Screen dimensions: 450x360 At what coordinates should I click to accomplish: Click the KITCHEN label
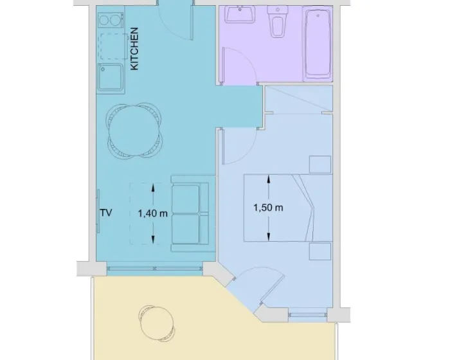[134, 49]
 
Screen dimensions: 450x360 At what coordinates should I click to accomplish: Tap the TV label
[106, 213]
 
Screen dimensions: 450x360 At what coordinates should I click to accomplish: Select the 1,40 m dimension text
[153, 213]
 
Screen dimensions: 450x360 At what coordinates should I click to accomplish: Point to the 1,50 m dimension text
[268, 207]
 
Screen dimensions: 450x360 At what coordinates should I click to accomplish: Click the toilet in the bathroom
[278, 21]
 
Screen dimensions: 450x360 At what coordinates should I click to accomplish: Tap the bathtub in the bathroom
[318, 43]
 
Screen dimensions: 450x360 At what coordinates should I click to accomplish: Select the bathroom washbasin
[240, 14]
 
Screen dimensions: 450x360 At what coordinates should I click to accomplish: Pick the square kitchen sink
[111, 77]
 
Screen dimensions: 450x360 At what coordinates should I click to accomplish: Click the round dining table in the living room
[134, 130]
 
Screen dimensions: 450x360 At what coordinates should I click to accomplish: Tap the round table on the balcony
[157, 323]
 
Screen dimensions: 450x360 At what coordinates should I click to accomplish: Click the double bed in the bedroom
[288, 208]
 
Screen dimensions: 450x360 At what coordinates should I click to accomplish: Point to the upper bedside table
[320, 165]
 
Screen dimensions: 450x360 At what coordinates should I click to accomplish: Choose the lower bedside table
[320, 251]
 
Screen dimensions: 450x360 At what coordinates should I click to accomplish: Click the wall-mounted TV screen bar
[98, 212]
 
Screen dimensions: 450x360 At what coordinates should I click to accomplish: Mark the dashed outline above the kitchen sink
[113, 46]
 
